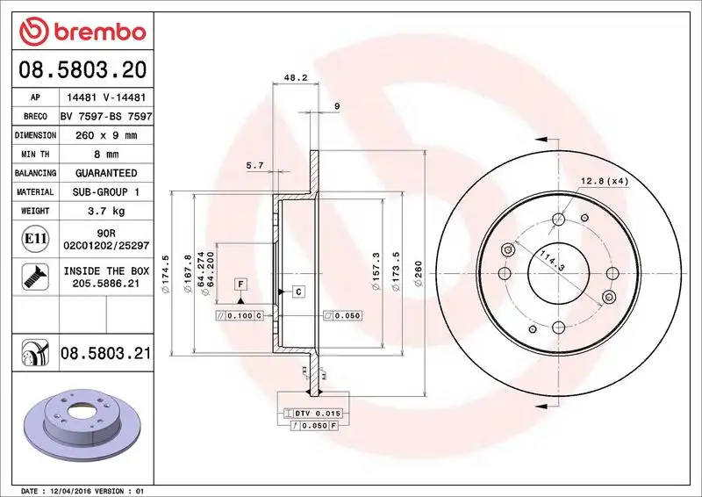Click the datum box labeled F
point(239,284)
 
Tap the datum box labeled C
point(297,291)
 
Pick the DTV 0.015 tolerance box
point(315,413)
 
